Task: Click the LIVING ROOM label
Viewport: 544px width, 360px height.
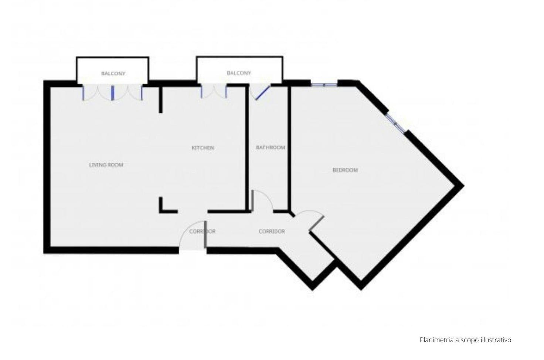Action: click(x=106, y=165)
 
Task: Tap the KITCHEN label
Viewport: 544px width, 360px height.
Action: click(x=203, y=148)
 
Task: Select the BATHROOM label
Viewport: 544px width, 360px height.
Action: click(x=271, y=147)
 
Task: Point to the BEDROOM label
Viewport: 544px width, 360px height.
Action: click(x=345, y=170)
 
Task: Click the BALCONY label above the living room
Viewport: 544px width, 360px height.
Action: click(x=113, y=74)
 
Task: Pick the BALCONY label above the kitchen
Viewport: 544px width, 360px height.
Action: click(x=239, y=73)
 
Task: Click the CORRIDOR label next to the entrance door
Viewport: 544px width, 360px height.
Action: click(x=202, y=231)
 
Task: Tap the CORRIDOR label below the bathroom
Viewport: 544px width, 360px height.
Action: click(x=272, y=231)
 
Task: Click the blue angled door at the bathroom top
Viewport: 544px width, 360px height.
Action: click(x=263, y=92)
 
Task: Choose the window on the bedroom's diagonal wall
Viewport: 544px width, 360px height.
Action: click(x=395, y=123)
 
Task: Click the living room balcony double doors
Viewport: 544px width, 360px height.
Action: click(x=112, y=93)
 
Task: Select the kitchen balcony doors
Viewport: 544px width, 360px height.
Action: click(x=214, y=92)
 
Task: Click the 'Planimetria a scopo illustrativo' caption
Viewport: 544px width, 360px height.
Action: click(x=465, y=340)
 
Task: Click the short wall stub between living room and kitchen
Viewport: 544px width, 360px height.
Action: click(x=161, y=99)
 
